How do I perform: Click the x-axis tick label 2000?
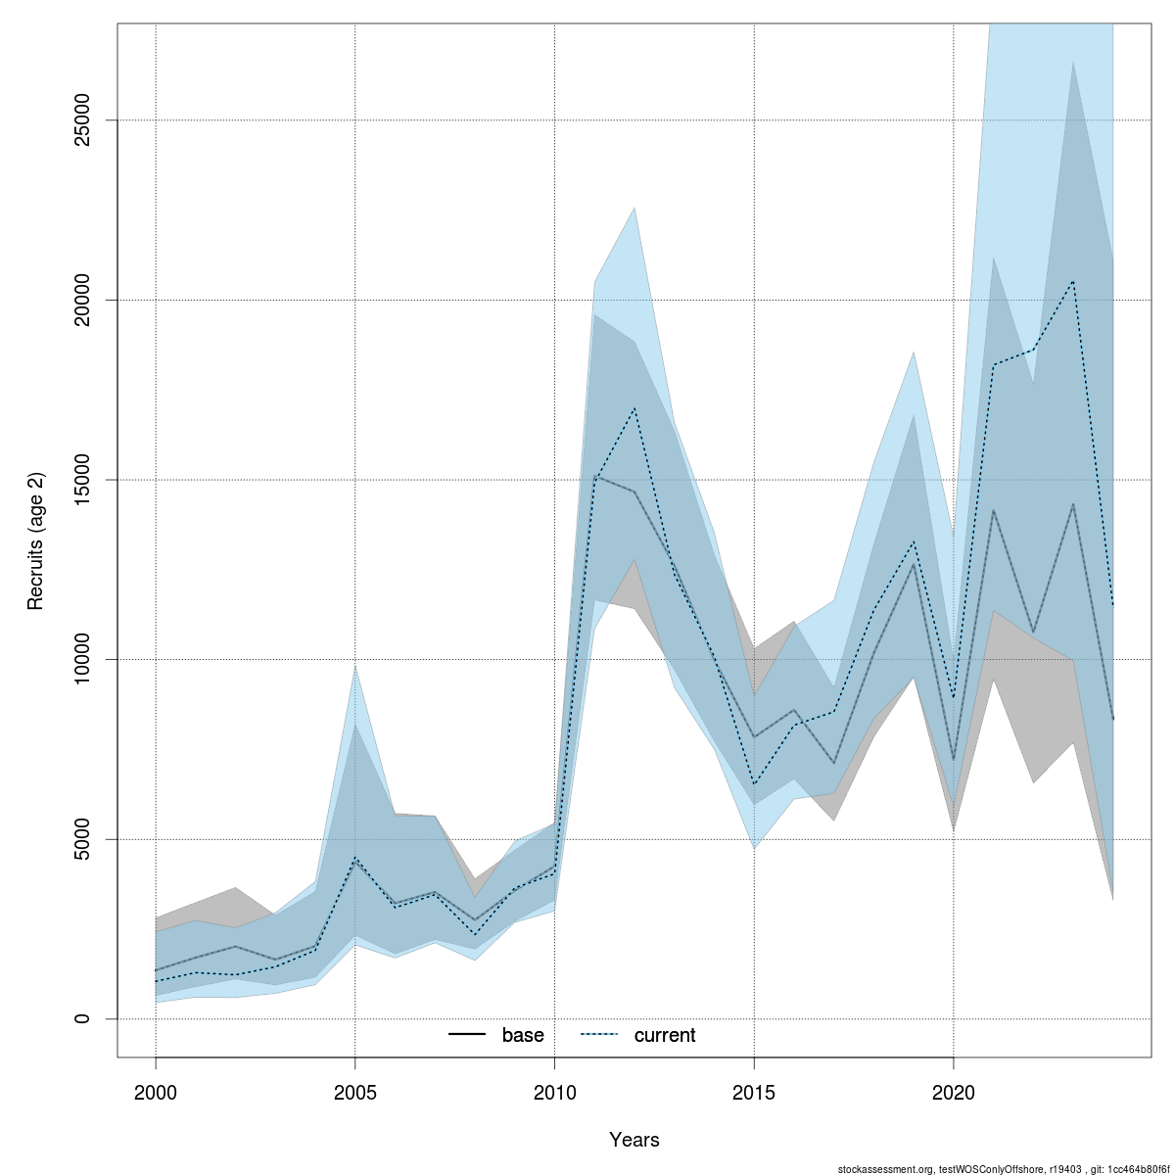tap(156, 1092)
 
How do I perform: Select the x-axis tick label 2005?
tap(354, 1092)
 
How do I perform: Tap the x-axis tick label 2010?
tap(554, 1092)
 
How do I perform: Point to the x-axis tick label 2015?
tap(754, 1092)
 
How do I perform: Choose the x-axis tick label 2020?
tap(954, 1092)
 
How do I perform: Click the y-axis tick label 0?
tap(82, 1018)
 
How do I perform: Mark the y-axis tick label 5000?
tap(82, 839)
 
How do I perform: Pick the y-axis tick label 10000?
tap(82, 659)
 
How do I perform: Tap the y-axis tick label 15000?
tap(82, 480)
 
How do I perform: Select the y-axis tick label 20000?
tap(82, 300)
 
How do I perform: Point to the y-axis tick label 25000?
tap(82, 120)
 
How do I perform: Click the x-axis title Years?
tap(634, 1140)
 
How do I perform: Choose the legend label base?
tap(523, 1035)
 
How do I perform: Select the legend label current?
tap(665, 1035)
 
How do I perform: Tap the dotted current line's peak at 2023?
tap(1074, 281)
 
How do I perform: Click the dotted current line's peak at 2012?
tap(634, 407)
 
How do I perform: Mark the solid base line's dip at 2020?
tap(954, 760)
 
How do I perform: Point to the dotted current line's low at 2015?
tap(754, 785)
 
